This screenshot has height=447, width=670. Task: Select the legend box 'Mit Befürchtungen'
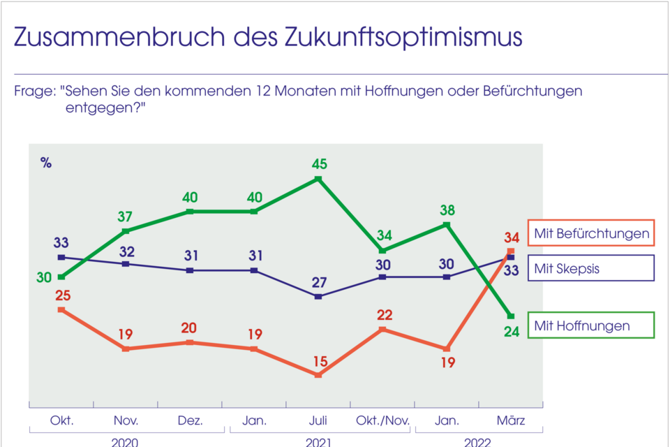pos(593,233)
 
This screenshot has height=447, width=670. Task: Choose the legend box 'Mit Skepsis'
pos(593,268)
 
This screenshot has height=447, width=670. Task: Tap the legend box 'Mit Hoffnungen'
pos(593,325)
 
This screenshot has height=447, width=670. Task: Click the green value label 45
pos(319,165)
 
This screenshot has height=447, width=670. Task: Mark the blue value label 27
pos(319,282)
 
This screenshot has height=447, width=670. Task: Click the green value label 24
pos(512,332)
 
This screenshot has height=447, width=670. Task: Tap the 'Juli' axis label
pos(318,420)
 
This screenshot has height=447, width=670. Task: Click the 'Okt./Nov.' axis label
pos(382,420)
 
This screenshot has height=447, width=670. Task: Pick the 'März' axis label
pos(511,420)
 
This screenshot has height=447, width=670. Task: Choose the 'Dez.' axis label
pos(190,420)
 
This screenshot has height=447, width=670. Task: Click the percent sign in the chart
pos(46,163)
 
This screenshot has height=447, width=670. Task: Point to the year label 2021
pos(318,442)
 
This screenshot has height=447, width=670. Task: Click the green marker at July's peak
pos(318,179)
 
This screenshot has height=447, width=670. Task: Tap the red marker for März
pos(511,251)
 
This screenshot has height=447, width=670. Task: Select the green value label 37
pos(126,217)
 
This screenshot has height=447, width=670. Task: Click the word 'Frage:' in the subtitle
pos(34,91)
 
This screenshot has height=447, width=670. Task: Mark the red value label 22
pos(382,315)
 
